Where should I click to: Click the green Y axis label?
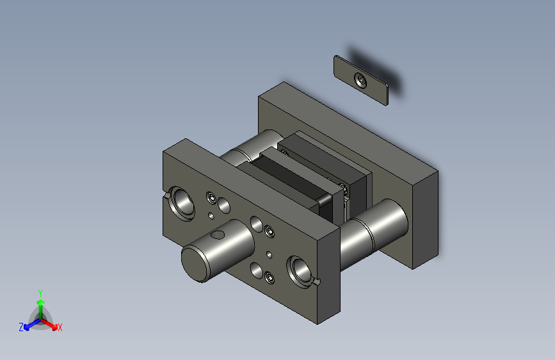[40, 293]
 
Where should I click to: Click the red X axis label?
[60, 327]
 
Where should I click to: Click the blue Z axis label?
[21, 327]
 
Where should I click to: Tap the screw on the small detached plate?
[360, 81]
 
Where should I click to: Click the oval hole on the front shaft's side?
[218, 234]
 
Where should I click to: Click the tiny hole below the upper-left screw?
[211, 216]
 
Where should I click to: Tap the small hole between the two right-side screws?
[269, 255]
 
